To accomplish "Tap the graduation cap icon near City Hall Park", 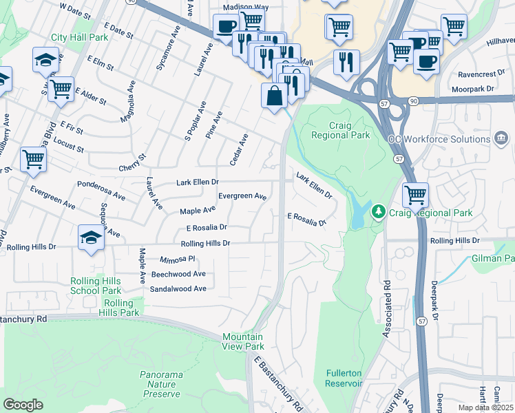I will click(x=45, y=60).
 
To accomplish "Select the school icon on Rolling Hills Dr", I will click(x=91, y=238).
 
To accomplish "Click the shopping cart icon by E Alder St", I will click(x=61, y=89).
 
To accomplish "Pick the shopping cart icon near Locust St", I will click(x=33, y=160).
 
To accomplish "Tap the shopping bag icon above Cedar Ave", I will click(x=274, y=95).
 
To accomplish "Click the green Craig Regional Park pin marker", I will click(x=377, y=211).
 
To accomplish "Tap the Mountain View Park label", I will click(x=242, y=341).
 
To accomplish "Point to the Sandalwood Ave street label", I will click(x=178, y=289).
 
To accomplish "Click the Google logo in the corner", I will click(x=23, y=405).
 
